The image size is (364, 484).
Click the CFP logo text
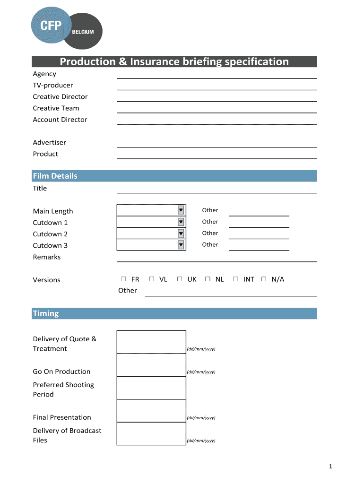pyautogui.click(x=51, y=26)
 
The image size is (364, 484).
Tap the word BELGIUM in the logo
pyautogui.click(x=83, y=32)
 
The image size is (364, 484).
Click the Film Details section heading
pyautogui.click(x=55, y=176)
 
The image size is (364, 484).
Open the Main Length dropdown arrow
pyautogui.click(x=181, y=210)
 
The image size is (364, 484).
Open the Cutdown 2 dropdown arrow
pyautogui.click(x=181, y=233)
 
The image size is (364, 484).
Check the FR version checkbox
pyautogui.click(x=123, y=279)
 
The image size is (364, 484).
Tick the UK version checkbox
pyautogui.click(x=180, y=279)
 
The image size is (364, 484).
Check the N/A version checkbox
pyautogui.click(x=264, y=279)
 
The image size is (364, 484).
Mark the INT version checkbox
pyautogui.click(x=235, y=279)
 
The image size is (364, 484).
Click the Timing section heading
pyautogui.click(x=46, y=313)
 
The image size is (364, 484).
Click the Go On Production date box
pyautogui.click(x=151, y=365)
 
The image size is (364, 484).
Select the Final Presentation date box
pyautogui.click(x=151, y=411)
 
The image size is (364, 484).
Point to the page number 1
pyautogui.click(x=331, y=467)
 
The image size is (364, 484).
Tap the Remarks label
pyautogui.click(x=47, y=257)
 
